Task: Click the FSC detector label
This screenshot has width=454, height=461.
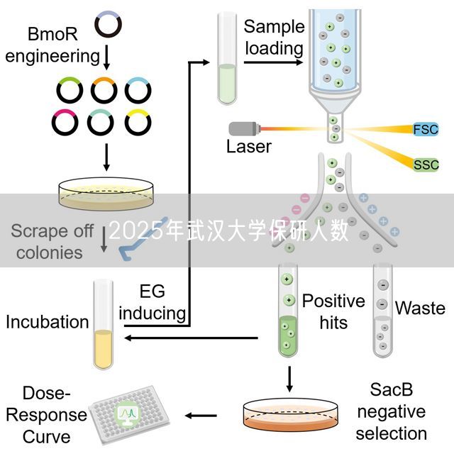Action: (426, 129)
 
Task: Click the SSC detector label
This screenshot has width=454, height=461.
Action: (426, 165)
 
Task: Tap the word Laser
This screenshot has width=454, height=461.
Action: (248, 147)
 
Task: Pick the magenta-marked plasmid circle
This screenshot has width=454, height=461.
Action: (65, 122)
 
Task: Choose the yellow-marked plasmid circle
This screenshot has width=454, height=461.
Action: (138, 122)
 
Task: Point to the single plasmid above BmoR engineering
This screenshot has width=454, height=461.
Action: (108, 23)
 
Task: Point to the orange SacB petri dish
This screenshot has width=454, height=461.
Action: (289, 415)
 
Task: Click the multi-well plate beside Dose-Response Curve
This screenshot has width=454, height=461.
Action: (128, 414)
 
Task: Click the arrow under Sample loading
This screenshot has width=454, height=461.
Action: (273, 62)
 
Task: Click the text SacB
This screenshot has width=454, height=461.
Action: (391, 389)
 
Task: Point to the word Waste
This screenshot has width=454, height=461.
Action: (420, 309)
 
